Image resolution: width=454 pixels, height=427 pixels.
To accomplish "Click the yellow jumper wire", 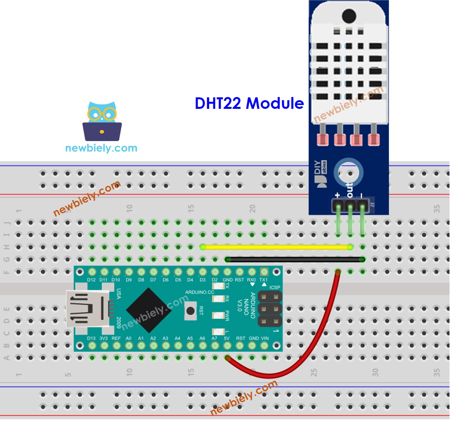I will pyautogui.click(x=276, y=247).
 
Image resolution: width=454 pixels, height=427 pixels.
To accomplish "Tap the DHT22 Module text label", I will pyautogui.click(x=249, y=103).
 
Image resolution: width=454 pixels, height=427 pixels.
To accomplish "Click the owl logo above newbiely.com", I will pyautogui.click(x=102, y=122).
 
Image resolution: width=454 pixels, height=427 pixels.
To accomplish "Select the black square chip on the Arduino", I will pyautogui.click(x=149, y=310).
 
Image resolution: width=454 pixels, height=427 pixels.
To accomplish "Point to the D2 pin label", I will pyautogui.click(x=215, y=280).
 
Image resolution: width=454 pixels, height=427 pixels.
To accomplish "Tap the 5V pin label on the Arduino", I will pyautogui.click(x=227, y=338).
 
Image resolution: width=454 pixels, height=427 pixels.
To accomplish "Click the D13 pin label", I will pyautogui.click(x=91, y=338).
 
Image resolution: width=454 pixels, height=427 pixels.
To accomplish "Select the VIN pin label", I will pyautogui.click(x=265, y=338).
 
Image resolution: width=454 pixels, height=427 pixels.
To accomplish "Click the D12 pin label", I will pyautogui.click(x=91, y=280).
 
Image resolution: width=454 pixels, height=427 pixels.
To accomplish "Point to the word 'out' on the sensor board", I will pyautogui.click(x=350, y=190).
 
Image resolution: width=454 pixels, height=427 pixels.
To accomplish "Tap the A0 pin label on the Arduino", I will pyautogui.click(x=128, y=338).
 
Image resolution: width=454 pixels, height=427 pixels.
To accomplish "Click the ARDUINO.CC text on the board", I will pyautogui.click(x=200, y=292).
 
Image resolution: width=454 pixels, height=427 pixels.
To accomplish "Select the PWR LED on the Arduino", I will pyautogui.click(x=218, y=315).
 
